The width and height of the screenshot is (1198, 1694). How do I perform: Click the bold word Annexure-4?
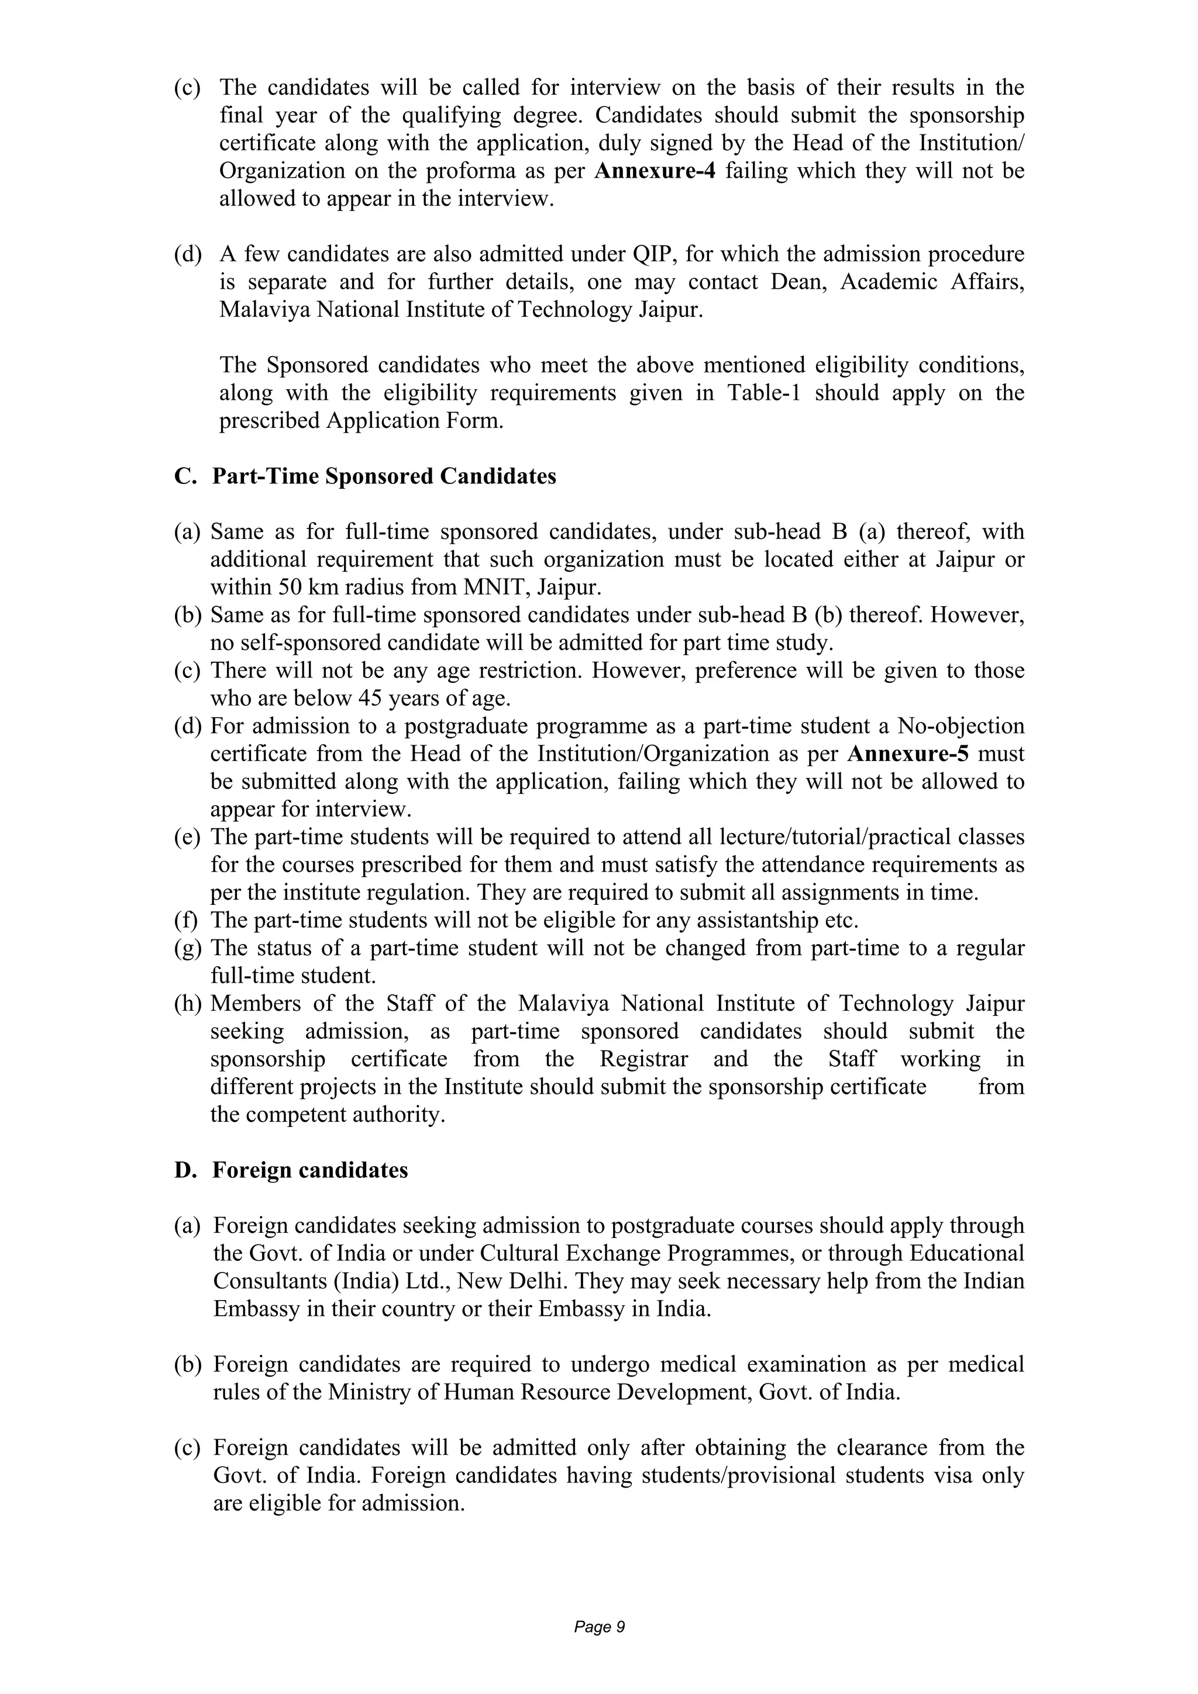[x=655, y=171]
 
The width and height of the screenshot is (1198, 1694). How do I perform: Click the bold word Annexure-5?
[x=908, y=754]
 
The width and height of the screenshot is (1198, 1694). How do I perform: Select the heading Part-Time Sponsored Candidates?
[x=384, y=476]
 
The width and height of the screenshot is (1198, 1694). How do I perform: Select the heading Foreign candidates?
[x=310, y=1171]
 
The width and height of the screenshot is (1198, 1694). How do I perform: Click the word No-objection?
[x=961, y=726]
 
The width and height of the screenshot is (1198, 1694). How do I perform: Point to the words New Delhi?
[x=508, y=1281]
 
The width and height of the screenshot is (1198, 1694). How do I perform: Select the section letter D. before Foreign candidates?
[x=184, y=1171]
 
